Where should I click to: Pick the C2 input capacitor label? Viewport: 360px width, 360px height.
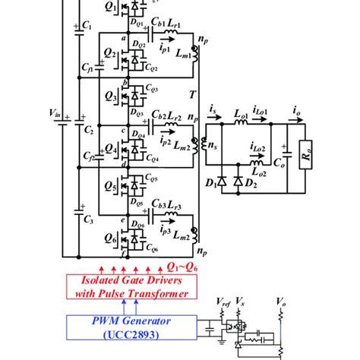coord(87,131)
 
